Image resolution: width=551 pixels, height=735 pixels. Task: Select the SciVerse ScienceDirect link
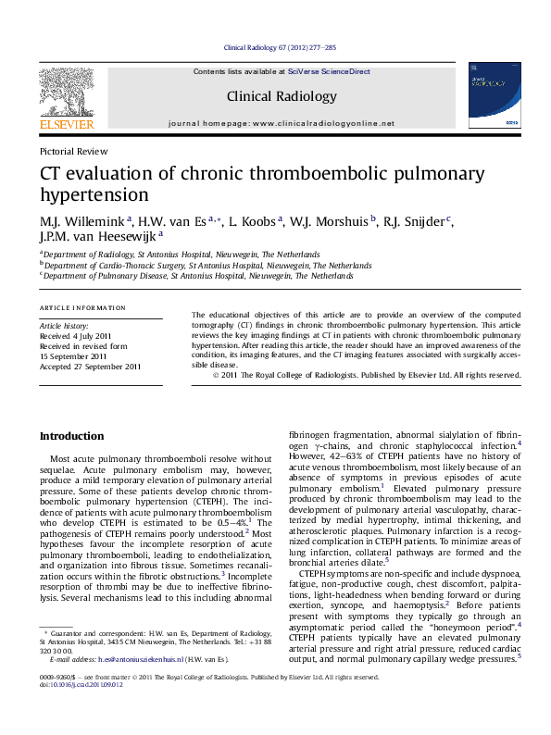(329, 71)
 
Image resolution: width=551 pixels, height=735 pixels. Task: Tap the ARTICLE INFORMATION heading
(82, 307)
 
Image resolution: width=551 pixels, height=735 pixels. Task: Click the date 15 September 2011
(73, 356)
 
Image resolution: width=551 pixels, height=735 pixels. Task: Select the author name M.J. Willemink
(83, 219)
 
